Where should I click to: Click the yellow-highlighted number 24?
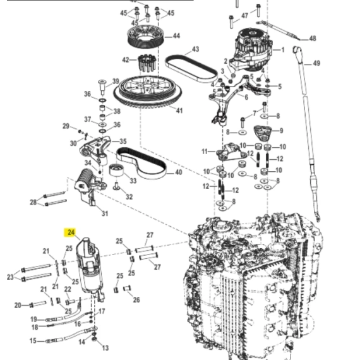point(71,232)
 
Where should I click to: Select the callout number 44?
point(176,36)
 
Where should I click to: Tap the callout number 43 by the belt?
point(195,49)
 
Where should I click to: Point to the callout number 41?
point(179,111)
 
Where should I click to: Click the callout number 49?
point(316,63)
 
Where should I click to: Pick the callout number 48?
point(313,39)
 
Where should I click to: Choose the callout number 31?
point(105,213)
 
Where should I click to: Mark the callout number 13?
point(105,348)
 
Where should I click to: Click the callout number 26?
point(136,299)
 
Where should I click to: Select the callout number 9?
point(281,131)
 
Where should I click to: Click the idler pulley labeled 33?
point(116,170)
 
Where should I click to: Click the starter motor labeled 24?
point(90,268)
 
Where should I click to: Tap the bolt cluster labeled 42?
point(147,63)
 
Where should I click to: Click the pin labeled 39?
point(102,87)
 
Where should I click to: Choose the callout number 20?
point(18,305)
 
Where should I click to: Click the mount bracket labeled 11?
point(231,152)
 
